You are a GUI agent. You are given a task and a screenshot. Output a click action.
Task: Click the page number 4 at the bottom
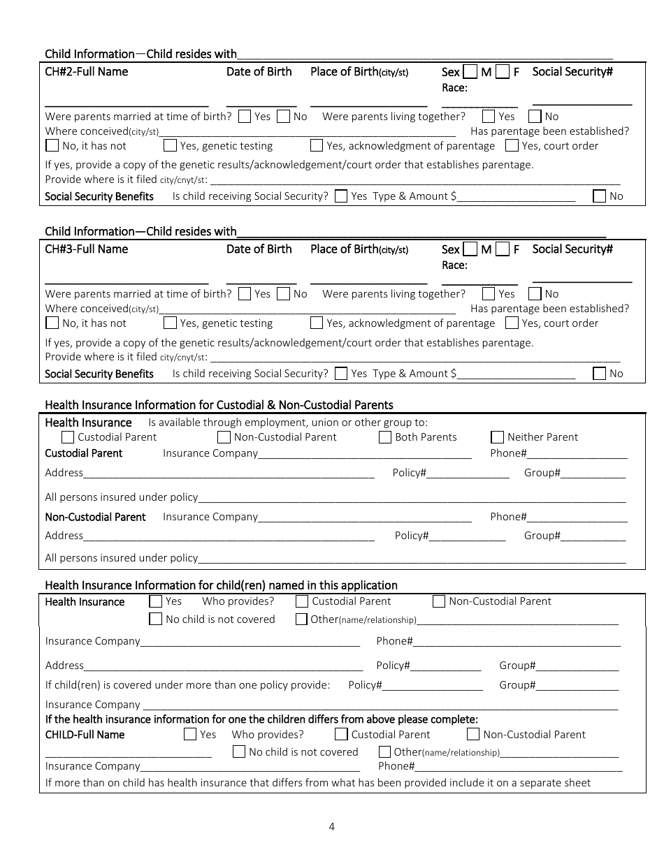pyautogui.click(x=331, y=827)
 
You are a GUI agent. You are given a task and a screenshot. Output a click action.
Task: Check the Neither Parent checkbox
pyautogui.click(x=498, y=437)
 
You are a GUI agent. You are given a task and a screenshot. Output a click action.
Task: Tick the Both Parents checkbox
pyautogui.click(x=385, y=437)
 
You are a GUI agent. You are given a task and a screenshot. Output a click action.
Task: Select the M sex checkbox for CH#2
pyautogui.click(x=470, y=72)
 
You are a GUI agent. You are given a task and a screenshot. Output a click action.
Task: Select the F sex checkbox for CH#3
pyautogui.click(x=503, y=249)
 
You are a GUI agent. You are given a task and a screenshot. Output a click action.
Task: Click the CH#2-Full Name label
pyautogui.click(x=87, y=72)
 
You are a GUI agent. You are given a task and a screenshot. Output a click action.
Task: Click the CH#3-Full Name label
pyautogui.click(x=87, y=249)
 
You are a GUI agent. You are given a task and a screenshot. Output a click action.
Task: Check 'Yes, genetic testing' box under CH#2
pyautogui.click(x=170, y=146)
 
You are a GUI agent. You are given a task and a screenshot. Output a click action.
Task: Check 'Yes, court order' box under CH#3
pyautogui.click(x=512, y=323)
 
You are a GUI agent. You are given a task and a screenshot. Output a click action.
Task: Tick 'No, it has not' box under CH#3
pyautogui.click(x=52, y=323)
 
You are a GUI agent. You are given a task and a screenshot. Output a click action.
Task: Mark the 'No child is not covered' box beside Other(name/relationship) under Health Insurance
pyautogui.click(x=156, y=619)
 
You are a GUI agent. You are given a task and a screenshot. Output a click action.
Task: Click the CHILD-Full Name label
pyautogui.click(x=85, y=735)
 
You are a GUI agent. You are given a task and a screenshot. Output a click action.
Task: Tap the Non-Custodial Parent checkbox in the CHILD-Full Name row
pyautogui.click(x=473, y=734)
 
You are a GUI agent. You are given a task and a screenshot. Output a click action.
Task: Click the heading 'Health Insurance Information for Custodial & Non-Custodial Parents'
pyautogui.click(x=219, y=405)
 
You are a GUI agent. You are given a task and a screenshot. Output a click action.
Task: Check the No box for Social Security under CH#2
pyautogui.click(x=600, y=196)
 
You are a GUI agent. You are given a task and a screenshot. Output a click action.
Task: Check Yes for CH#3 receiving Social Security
pyautogui.click(x=341, y=374)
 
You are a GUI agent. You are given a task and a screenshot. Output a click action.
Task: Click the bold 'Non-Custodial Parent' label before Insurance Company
pyautogui.click(x=95, y=517)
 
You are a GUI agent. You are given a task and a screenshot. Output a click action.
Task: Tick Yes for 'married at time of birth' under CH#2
pyautogui.click(x=245, y=117)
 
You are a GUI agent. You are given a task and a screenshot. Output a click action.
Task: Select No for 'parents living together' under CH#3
pyautogui.click(x=535, y=294)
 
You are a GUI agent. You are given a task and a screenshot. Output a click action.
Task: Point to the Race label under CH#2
pyautogui.click(x=454, y=88)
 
